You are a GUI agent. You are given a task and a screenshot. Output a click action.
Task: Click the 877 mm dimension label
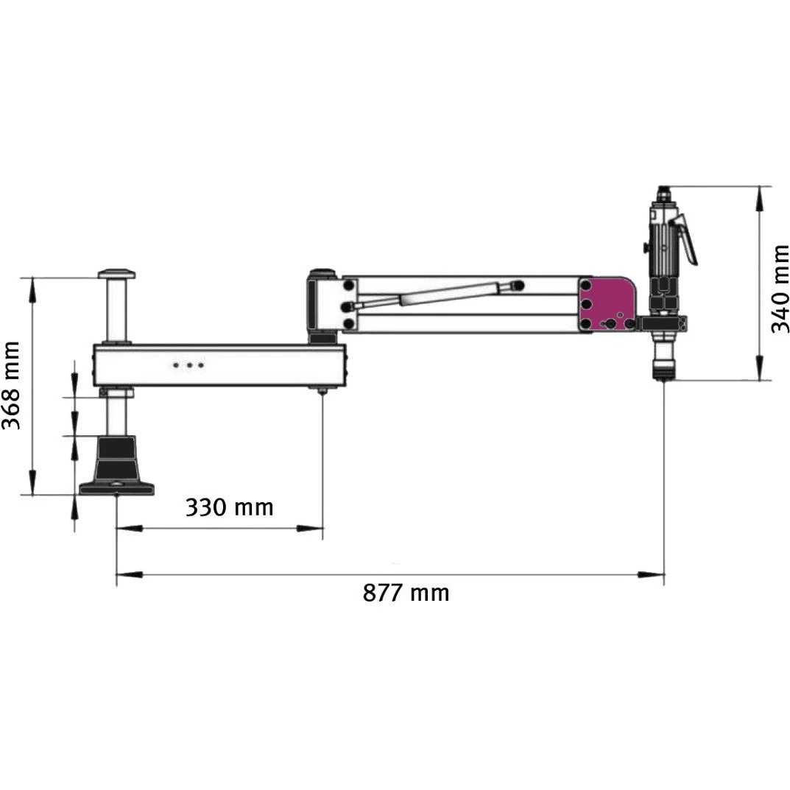click(406, 593)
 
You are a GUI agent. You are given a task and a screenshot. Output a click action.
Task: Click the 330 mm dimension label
click(229, 507)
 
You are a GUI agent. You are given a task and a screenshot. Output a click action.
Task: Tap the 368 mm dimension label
click(11, 385)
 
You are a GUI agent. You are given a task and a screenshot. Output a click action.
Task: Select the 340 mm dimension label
click(780, 289)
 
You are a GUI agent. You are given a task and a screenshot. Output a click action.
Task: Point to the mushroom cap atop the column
click(117, 275)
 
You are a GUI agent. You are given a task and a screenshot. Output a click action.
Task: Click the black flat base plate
click(117, 488)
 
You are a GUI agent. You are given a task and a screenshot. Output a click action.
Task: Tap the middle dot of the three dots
click(189, 364)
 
